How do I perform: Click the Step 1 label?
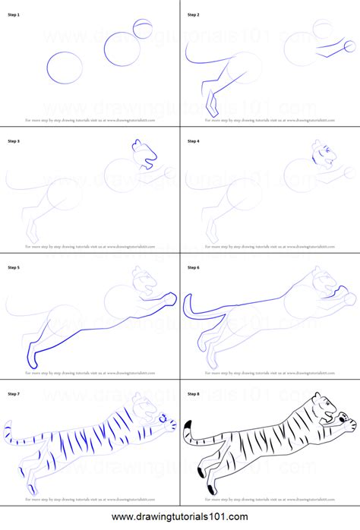[14, 14]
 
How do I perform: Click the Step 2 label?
[194, 14]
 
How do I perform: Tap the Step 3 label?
[14, 140]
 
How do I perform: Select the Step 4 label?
[194, 140]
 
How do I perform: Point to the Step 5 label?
[14, 267]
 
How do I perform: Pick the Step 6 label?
[194, 267]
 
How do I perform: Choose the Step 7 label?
[14, 394]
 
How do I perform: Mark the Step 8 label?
[194, 394]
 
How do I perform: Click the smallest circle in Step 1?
[142, 29]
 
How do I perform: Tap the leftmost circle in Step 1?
[66, 67]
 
